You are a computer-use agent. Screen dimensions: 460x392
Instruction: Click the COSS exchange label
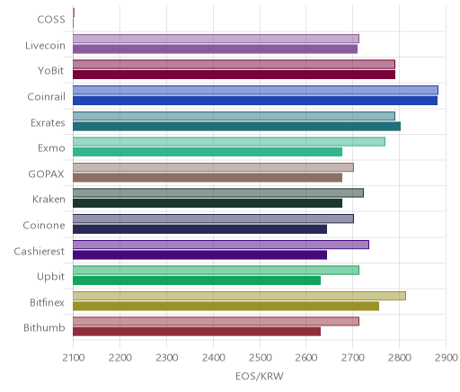(x=51, y=20)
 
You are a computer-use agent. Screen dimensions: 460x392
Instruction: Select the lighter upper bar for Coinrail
(x=255, y=90)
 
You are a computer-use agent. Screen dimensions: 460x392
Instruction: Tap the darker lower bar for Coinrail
(x=255, y=101)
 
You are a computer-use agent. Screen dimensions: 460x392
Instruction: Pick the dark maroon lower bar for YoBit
(x=234, y=75)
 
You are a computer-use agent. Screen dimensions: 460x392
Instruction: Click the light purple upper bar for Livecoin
(x=216, y=39)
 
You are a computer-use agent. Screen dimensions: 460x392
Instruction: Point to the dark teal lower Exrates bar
(x=236, y=127)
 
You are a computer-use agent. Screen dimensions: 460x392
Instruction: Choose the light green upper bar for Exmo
(x=229, y=142)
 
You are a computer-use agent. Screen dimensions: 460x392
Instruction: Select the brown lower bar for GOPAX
(x=208, y=178)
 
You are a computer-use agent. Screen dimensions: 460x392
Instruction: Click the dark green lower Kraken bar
(x=208, y=203)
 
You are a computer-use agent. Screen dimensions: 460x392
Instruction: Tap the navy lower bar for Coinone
(x=199, y=229)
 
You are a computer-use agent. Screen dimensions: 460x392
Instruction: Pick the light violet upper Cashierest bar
(x=221, y=245)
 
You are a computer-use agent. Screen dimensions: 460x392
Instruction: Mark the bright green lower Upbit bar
(x=197, y=281)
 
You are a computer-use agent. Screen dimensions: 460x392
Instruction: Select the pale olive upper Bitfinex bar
(x=239, y=296)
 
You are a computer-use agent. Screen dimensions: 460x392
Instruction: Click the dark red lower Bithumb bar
(x=197, y=332)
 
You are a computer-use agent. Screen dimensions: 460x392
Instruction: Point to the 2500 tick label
(x=260, y=358)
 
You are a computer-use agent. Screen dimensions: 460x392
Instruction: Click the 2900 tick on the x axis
(x=447, y=358)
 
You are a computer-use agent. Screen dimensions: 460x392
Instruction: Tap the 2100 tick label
(x=74, y=358)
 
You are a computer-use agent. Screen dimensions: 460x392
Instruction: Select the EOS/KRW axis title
(x=260, y=376)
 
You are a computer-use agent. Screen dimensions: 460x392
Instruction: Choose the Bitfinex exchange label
(x=47, y=303)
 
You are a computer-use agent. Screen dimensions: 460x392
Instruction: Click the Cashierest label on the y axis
(x=40, y=251)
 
